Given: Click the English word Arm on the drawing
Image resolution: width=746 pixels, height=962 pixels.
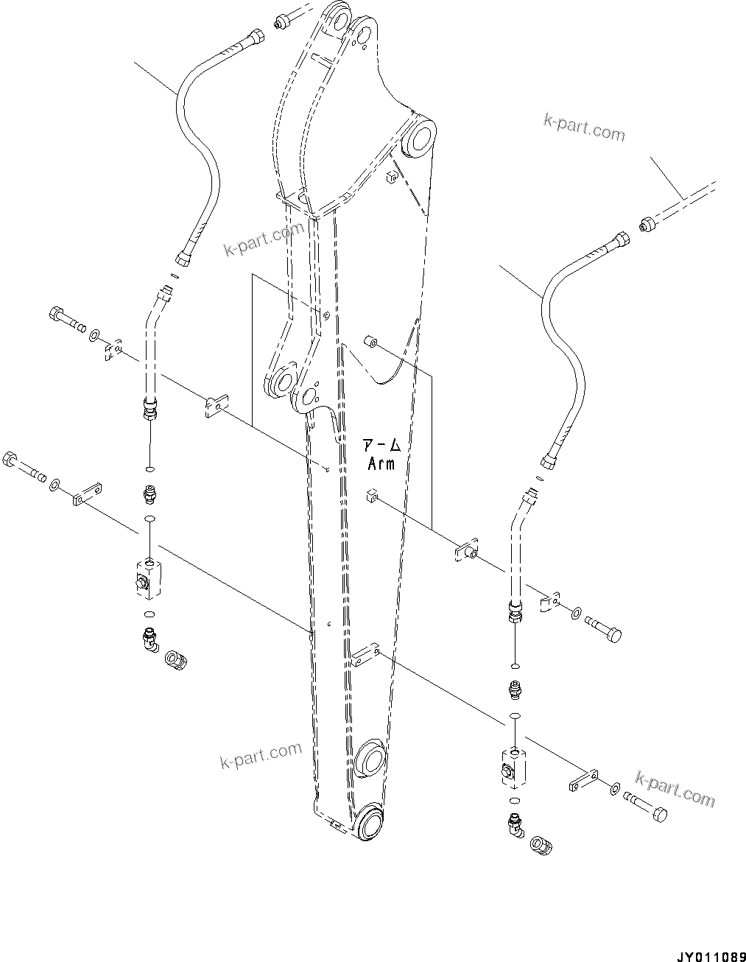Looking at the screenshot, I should (x=381, y=463).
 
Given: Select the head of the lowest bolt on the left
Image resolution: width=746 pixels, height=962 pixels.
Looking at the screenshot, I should (x=10, y=459).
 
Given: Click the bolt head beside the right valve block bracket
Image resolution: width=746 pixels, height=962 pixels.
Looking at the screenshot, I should (x=660, y=814).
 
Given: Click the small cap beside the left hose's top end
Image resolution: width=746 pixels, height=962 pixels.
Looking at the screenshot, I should (x=281, y=24).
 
